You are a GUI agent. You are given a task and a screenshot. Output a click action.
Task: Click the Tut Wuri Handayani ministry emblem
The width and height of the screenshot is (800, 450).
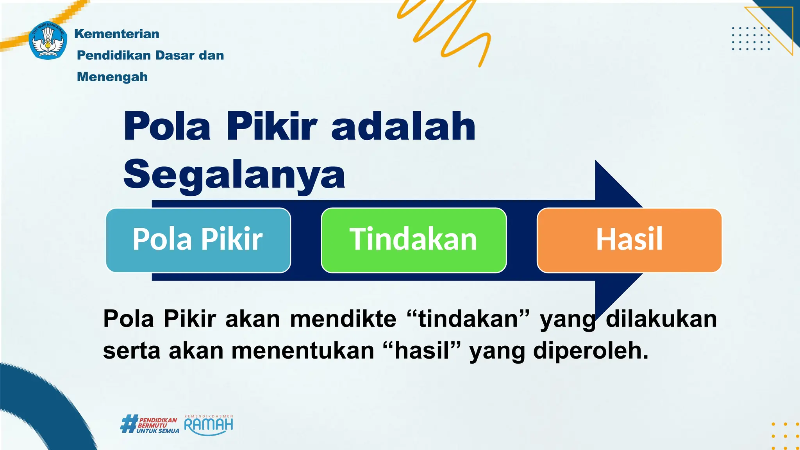(48, 41)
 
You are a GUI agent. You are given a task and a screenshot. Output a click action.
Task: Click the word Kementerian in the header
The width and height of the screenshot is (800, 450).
(117, 34)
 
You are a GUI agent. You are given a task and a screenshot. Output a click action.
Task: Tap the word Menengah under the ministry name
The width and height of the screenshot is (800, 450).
(112, 77)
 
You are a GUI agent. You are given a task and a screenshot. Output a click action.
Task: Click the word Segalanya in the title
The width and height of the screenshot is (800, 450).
(234, 174)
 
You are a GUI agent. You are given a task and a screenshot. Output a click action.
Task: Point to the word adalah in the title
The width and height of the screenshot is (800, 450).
(403, 127)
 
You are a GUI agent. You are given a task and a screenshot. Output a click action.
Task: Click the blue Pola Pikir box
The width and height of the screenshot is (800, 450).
(198, 240)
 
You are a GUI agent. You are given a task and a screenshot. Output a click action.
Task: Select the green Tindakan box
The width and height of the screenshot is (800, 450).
(413, 240)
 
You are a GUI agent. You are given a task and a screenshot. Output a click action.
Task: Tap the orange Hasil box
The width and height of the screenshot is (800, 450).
(629, 240)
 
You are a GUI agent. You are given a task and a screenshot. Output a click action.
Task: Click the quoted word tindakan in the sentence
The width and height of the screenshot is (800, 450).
(468, 319)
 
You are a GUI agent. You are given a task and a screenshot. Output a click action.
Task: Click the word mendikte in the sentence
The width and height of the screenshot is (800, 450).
(343, 319)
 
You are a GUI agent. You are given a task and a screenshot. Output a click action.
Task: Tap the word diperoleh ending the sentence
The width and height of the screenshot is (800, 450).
(590, 351)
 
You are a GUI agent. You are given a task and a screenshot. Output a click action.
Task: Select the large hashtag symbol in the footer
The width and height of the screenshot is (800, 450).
(129, 424)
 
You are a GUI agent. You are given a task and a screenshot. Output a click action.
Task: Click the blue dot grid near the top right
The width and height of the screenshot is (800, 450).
(751, 39)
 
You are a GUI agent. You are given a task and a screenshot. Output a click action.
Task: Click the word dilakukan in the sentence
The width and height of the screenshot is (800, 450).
(661, 319)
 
